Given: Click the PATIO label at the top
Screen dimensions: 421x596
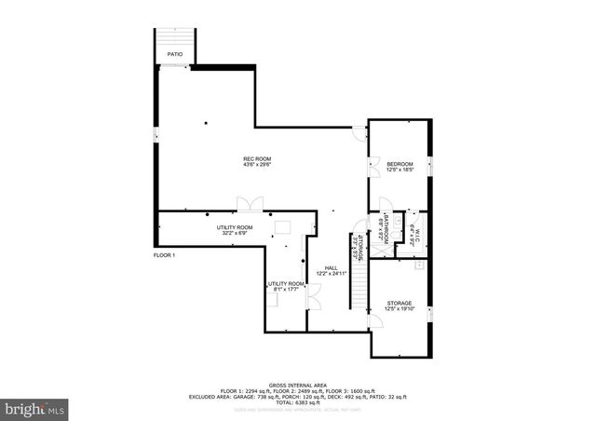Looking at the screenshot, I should [175, 55].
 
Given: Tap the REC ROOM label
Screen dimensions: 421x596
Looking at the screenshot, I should [257, 159].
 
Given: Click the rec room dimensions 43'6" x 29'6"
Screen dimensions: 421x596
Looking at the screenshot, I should [257, 166].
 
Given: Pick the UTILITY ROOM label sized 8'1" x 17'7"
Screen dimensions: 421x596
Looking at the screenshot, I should [286, 283].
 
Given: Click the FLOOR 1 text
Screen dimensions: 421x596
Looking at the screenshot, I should [165, 255].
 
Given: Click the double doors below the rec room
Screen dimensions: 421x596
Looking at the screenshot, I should [250, 204].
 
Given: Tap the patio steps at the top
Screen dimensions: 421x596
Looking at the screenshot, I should [175, 38].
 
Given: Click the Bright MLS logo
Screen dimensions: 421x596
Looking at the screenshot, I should [35, 408].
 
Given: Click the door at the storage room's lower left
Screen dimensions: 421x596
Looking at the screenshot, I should [374, 322].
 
